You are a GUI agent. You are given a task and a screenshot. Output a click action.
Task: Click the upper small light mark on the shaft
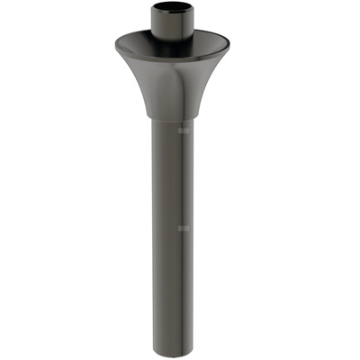coord(184,131)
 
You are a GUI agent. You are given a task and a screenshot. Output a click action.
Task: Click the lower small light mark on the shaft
coord(184,229)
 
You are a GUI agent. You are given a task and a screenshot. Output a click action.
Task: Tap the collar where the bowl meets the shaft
coord(170,118)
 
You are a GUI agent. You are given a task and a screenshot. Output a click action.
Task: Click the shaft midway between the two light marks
coord(171,180)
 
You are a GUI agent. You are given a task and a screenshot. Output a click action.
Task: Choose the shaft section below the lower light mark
coord(170,288)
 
